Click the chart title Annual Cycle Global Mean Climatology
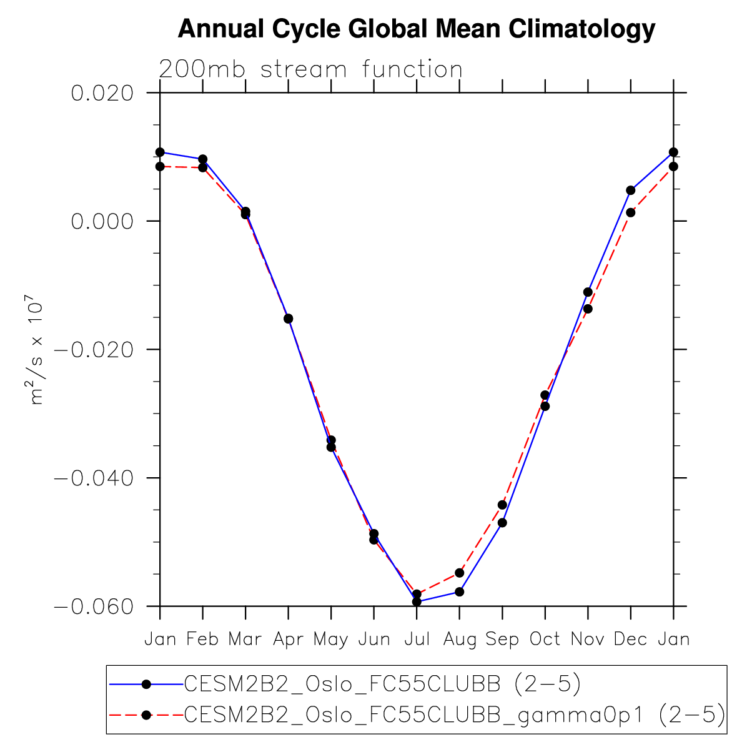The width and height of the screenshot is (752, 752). tap(417, 29)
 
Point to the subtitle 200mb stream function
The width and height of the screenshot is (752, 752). tap(310, 69)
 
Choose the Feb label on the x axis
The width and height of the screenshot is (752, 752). tap(202, 639)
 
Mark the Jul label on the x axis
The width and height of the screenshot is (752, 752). tap(417, 639)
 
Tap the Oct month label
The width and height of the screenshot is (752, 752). tap(545, 639)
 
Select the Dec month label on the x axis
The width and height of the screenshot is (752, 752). tap(630, 639)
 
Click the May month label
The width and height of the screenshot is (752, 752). tap(331, 639)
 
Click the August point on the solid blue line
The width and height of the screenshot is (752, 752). tap(460, 591)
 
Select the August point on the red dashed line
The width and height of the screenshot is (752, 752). tap(460, 573)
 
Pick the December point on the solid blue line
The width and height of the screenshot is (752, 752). tap(631, 190)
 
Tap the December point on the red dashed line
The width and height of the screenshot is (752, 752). tap(631, 212)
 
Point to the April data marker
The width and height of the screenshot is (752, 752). tap(289, 319)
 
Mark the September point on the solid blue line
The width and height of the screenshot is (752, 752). tap(502, 522)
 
